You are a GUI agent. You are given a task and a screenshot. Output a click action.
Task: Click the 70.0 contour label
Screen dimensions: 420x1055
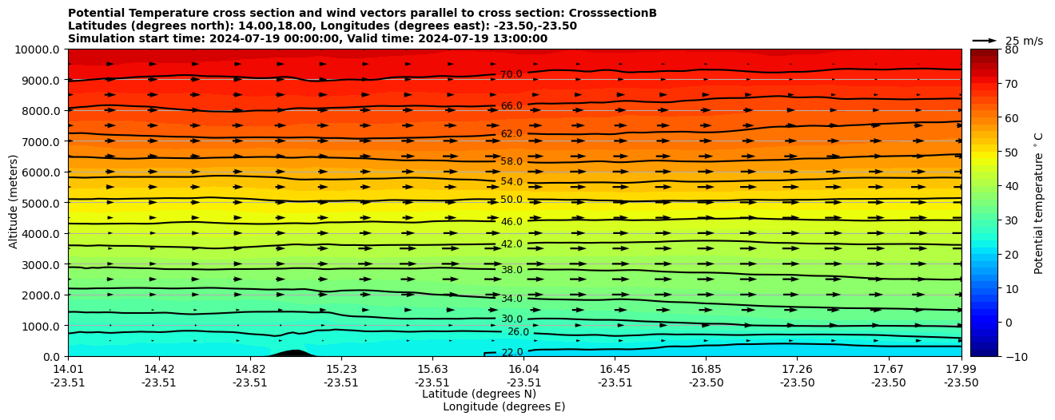point(512,75)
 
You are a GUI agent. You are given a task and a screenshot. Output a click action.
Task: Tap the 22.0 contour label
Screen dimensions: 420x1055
point(512,353)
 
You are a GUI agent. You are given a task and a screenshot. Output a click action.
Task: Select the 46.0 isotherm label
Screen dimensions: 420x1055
point(512,222)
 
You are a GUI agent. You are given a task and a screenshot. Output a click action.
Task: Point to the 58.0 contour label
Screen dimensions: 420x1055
point(512,162)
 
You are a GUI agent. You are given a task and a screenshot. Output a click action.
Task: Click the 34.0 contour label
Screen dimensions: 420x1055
point(512,299)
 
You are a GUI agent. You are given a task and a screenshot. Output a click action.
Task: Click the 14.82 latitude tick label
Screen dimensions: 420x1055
point(250,369)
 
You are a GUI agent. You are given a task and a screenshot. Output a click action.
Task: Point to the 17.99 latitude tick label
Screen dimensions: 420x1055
point(961,369)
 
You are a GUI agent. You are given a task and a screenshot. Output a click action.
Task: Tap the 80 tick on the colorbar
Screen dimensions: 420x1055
point(1011,50)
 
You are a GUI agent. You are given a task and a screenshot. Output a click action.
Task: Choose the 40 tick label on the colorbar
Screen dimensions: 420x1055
point(1011,186)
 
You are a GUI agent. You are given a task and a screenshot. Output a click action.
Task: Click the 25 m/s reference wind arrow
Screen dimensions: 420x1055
point(985,41)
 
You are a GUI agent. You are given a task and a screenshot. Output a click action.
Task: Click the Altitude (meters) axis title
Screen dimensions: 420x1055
point(14,202)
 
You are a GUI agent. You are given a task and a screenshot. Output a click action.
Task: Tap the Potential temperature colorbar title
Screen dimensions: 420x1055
point(1039,202)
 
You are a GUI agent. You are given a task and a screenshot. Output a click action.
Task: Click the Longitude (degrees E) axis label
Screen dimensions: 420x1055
point(504,407)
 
